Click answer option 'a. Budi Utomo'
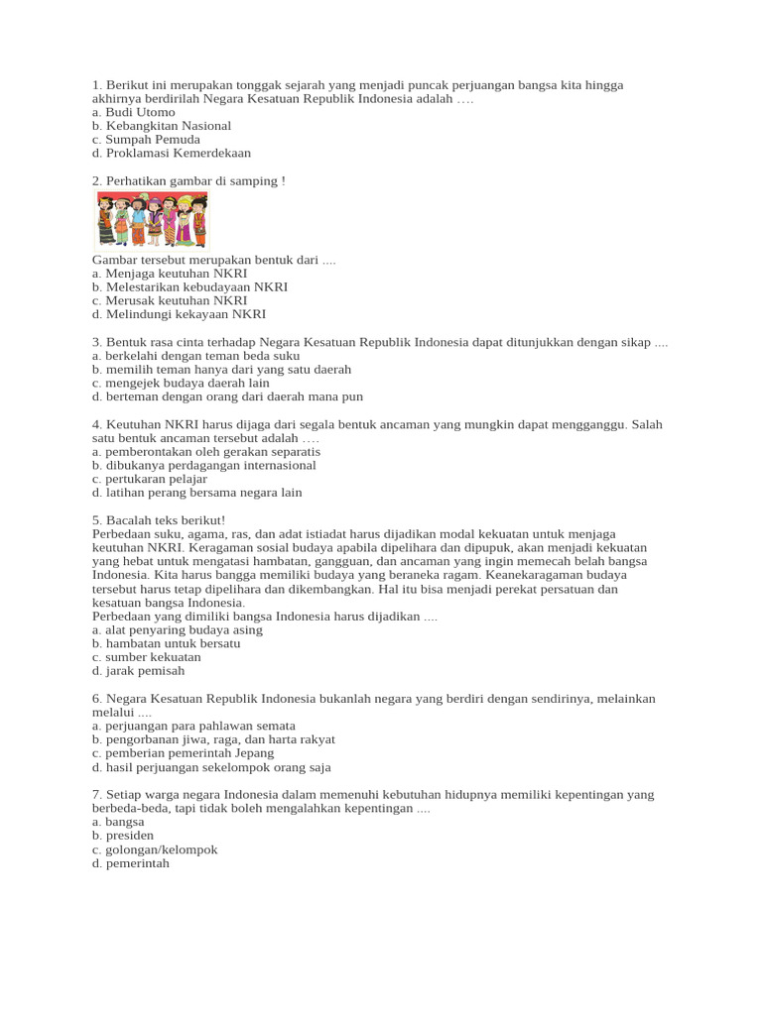coord(133,112)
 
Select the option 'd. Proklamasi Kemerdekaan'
coord(171,153)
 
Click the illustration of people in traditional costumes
coord(152,219)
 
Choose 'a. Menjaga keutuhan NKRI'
coord(169,273)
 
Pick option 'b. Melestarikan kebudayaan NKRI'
coord(190,286)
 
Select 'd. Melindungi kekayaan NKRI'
coord(179,314)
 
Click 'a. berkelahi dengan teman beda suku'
coord(195,355)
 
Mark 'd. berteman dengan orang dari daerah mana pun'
coord(227,396)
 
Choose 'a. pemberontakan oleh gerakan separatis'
coord(205,451)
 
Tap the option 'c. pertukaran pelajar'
coord(150,479)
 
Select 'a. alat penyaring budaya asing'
coord(178,629)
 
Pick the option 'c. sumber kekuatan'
coord(146,656)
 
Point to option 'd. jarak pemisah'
coord(138,670)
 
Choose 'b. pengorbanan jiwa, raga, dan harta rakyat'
coord(213,738)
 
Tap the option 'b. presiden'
coord(122,836)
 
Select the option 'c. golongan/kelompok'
coord(154,849)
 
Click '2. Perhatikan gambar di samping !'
coord(188,180)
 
